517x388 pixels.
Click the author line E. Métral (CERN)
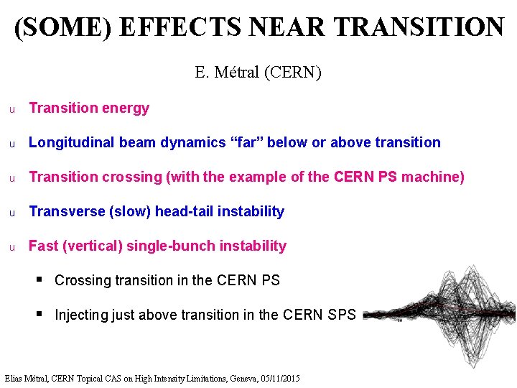(258, 73)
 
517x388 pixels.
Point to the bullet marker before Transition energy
(11, 109)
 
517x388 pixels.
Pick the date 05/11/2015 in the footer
(277, 379)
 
